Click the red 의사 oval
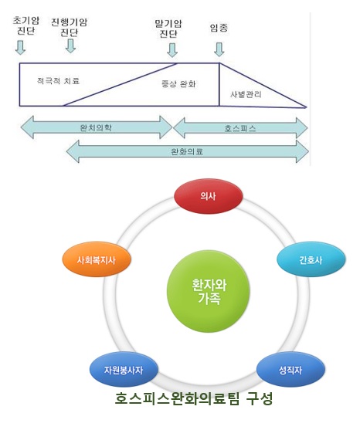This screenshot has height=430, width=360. pos(209,196)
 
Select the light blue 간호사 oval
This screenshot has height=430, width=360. pos(311,259)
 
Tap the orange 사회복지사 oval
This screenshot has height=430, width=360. pos(97,259)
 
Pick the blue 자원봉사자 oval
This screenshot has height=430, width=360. pos(124,370)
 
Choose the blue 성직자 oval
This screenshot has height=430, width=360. pos(290,370)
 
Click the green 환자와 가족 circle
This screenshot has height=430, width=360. pos(209,291)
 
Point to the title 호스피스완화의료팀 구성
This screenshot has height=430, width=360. pos(194,398)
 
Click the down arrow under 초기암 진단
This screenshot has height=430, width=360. pos(20,47)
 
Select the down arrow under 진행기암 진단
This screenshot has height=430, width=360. pos(70,46)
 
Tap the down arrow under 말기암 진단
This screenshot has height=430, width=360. pos(172,50)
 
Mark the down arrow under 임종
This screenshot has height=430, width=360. pos(219,49)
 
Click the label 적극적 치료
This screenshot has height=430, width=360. pos(58,81)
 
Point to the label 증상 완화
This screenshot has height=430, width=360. pos(178,84)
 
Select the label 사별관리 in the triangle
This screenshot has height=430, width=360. pos(246,95)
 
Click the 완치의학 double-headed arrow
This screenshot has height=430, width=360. pos(97,127)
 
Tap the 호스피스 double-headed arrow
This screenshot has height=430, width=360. pos(240,128)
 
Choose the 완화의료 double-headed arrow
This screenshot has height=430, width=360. pos(188,151)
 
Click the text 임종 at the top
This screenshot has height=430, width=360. pos(219,28)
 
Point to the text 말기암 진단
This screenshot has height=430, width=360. pos(168,29)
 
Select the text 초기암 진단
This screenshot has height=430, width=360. pos(25,25)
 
